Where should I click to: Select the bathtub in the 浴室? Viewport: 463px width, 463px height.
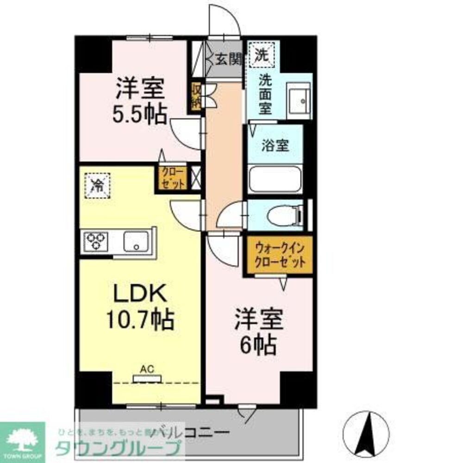(275, 179)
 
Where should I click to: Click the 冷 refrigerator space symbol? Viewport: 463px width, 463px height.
(97, 185)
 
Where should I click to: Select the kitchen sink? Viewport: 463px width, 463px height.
(136, 241)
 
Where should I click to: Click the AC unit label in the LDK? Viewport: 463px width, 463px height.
(147, 369)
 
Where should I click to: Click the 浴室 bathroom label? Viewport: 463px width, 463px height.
(275, 146)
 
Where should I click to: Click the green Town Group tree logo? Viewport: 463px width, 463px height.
(22, 439)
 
